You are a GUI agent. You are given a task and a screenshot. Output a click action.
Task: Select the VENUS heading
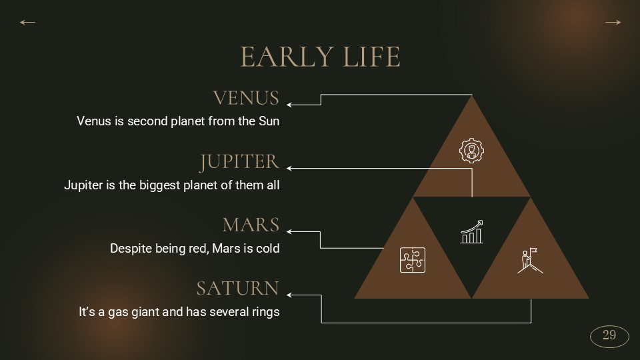(246, 98)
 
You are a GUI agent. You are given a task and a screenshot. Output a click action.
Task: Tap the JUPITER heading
(239, 161)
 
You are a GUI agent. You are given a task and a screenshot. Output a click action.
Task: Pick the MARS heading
(251, 225)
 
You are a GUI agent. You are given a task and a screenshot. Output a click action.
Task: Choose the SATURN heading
(238, 288)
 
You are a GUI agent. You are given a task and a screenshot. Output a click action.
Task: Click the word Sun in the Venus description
(269, 121)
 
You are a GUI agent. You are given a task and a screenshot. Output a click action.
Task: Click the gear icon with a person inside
(472, 151)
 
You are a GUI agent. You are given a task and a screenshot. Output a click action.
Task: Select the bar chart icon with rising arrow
(472, 231)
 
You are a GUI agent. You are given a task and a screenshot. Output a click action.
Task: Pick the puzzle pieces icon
(413, 260)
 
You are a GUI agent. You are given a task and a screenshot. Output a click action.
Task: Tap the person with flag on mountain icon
(530, 261)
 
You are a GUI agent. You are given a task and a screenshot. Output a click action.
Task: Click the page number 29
(609, 335)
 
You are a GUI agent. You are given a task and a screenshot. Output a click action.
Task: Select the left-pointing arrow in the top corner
(28, 23)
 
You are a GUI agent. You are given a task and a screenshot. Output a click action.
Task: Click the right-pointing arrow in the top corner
(613, 23)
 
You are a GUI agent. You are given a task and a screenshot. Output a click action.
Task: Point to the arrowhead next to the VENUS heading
(289, 105)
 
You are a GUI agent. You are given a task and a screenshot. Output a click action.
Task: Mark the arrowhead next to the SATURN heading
(289, 295)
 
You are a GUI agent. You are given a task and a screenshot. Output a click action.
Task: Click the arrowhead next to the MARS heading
(289, 231)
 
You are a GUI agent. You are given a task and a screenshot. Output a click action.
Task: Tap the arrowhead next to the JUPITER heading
(289, 168)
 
